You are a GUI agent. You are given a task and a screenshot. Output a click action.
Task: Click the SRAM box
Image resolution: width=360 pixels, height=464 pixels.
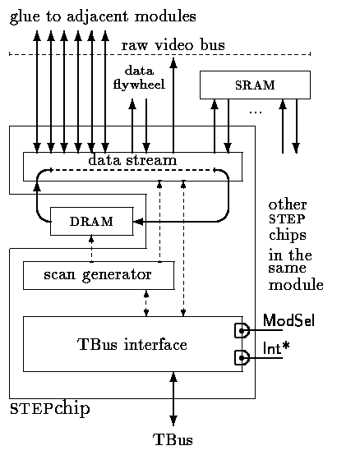tap(255, 85)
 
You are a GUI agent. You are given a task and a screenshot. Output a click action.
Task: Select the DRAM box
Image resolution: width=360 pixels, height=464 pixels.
tap(92, 222)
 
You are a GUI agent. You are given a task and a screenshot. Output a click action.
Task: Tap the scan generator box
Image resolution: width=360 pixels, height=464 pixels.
tap(99, 275)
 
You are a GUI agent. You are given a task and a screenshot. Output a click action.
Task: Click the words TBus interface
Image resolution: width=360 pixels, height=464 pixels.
tap(132, 344)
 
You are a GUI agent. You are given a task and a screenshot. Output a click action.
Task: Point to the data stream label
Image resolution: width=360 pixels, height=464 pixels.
tap(132, 160)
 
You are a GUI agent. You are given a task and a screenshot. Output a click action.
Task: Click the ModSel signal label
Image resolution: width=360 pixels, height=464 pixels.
tap(288, 320)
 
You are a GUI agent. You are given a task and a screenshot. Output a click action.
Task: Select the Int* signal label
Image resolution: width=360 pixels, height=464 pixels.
tap(276, 348)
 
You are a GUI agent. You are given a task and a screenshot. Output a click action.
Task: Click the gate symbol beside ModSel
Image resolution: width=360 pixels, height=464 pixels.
tap(242, 330)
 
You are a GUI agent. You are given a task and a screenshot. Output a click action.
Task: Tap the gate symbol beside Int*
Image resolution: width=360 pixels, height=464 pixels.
tap(242, 358)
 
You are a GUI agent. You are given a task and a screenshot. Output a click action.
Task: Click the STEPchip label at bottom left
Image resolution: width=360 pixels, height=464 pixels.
tap(50, 409)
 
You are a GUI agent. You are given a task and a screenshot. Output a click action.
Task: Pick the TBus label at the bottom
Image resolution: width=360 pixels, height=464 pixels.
tap(173, 439)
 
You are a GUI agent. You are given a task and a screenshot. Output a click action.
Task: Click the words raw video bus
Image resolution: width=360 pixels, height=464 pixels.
tap(173, 45)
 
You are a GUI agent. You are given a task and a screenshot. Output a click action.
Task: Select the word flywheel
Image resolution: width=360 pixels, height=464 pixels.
tap(139, 85)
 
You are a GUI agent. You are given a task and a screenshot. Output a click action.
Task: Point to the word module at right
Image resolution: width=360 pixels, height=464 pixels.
tap(296, 285)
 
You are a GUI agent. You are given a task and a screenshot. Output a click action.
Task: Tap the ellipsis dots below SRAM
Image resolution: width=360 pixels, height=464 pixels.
tap(256, 113)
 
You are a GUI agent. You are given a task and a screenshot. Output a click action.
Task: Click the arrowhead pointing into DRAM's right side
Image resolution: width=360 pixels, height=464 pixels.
tap(139, 222)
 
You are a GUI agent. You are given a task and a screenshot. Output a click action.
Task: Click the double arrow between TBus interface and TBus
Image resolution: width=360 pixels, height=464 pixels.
tap(173, 398)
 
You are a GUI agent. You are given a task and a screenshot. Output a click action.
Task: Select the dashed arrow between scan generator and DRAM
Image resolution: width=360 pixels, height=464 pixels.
tap(91, 249)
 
